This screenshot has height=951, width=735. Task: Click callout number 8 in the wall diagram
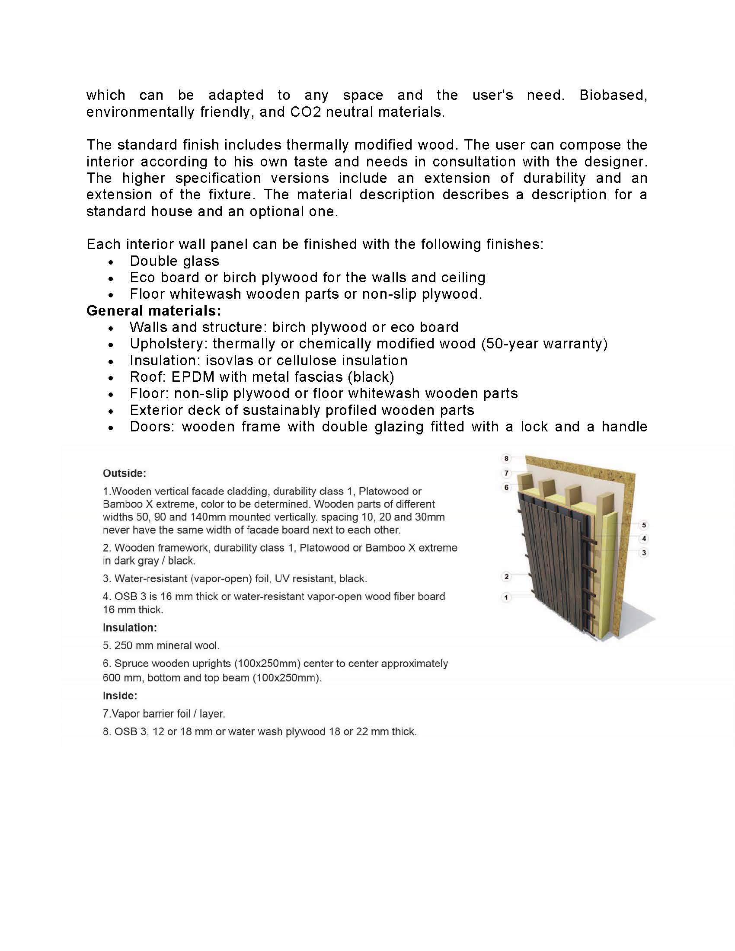tap(506, 458)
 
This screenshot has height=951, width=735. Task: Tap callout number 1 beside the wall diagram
tap(506, 597)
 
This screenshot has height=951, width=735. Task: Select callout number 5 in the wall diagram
tap(644, 525)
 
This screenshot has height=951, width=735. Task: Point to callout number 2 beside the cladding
tap(506, 577)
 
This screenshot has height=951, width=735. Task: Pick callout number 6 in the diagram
tap(506, 487)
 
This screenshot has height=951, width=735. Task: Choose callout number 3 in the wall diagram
tap(644, 552)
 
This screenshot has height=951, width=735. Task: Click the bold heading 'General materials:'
tap(154, 310)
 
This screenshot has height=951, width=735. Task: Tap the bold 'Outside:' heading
tap(125, 473)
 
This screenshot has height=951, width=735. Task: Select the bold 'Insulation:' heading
tap(130, 628)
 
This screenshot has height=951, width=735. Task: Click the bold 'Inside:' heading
tap(120, 696)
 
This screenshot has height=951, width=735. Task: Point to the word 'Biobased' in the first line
tap(612, 95)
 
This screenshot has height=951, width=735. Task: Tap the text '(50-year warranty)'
tap(544, 344)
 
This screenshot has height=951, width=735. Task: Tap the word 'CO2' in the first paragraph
tap(306, 112)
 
